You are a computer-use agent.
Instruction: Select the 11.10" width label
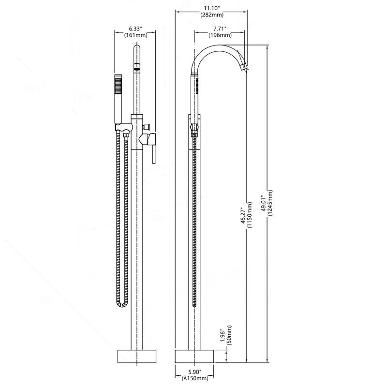[x=212, y=8]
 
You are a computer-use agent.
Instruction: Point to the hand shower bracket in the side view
[x=194, y=127]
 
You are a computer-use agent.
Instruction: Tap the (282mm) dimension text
[x=212, y=15]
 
